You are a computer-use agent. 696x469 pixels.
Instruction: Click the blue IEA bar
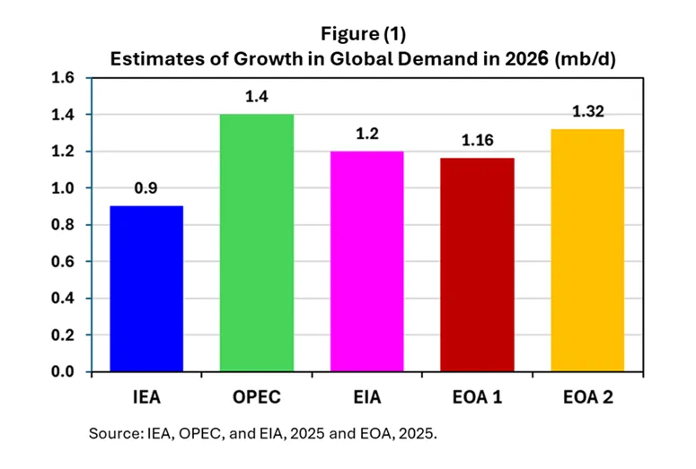(146, 289)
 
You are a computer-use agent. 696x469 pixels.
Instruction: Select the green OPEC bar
(257, 243)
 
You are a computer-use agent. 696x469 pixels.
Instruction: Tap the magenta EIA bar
(366, 261)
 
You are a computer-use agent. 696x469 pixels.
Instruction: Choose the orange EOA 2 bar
(587, 250)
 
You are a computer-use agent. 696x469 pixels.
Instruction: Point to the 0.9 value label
(146, 190)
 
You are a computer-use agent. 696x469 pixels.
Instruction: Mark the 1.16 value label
(477, 142)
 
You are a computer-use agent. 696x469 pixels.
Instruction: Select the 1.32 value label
(587, 113)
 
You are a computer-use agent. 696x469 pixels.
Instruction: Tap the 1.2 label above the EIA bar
(366, 135)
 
